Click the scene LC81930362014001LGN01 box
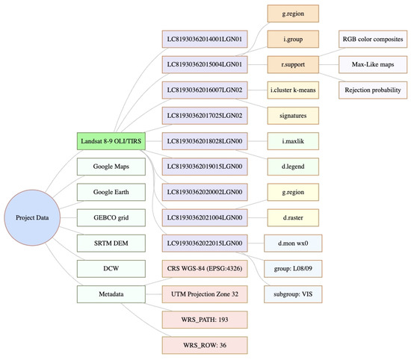(205, 38)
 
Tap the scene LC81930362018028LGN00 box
(205, 140)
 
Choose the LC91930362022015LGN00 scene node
(205, 243)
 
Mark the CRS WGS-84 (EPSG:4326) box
(205, 269)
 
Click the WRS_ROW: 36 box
(205, 346)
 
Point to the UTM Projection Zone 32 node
(205, 295)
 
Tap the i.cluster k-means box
(293, 90)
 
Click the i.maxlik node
(293, 140)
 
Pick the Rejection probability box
(373, 90)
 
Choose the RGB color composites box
(373, 38)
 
